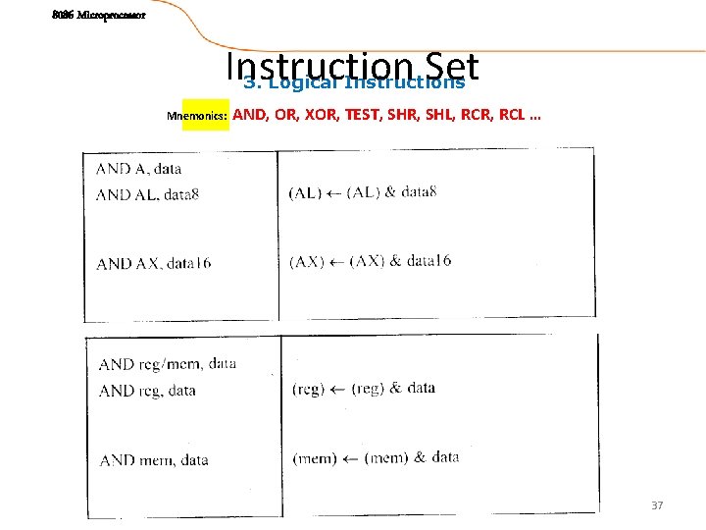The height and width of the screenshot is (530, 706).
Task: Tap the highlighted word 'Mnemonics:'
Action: pyautogui.click(x=197, y=117)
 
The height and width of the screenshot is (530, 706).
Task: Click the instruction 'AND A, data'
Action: pyautogui.click(x=138, y=169)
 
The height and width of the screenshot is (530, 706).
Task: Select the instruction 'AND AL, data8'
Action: pyautogui.click(x=147, y=194)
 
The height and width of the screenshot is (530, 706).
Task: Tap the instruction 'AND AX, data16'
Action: pyautogui.click(x=153, y=263)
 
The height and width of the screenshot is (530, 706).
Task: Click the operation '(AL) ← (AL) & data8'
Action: pyautogui.click(x=362, y=192)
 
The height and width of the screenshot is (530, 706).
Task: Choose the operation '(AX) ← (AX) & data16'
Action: pyautogui.click(x=370, y=261)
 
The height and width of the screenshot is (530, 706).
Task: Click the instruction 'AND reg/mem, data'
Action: pyautogui.click(x=167, y=364)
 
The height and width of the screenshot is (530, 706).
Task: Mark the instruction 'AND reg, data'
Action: pyautogui.click(x=147, y=390)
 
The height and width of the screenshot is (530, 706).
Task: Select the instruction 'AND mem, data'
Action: pyautogui.click(x=153, y=459)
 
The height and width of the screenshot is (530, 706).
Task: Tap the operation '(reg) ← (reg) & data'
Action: pyautogui.click(x=363, y=389)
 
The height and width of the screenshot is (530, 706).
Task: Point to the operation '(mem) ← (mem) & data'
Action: pyautogui.click(x=376, y=457)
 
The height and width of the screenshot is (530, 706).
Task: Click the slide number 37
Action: pyautogui.click(x=657, y=505)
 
